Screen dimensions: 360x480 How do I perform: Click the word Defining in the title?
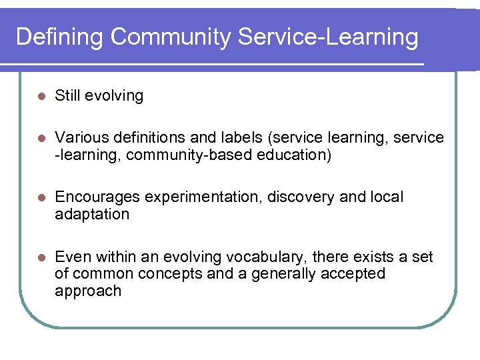tap(59, 37)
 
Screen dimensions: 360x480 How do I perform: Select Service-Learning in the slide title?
tap(328, 37)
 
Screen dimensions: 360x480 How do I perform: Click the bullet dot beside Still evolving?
tap(41, 96)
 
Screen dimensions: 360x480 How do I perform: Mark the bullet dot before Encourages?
tap(41, 198)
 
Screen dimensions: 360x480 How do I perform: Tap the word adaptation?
tap(92, 215)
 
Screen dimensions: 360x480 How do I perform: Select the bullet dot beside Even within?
tap(41, 258)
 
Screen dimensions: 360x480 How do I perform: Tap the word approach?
tap(88, 291)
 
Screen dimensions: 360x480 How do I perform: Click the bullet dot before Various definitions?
tap(41, 138)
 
